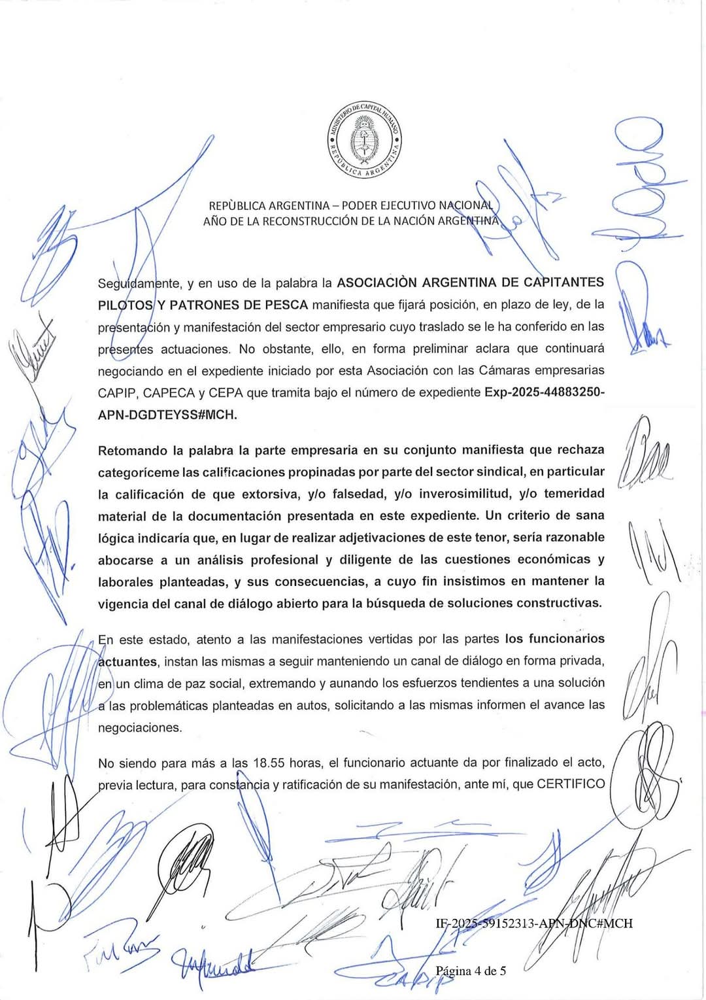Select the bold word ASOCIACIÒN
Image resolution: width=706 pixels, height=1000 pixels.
[376, 283]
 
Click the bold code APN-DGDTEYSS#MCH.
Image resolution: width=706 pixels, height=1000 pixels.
[167, 415]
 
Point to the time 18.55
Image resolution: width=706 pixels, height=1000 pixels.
[268, 763]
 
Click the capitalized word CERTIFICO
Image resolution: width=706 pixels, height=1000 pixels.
[570, 784]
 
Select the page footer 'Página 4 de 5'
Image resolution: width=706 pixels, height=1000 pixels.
[471, 971]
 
